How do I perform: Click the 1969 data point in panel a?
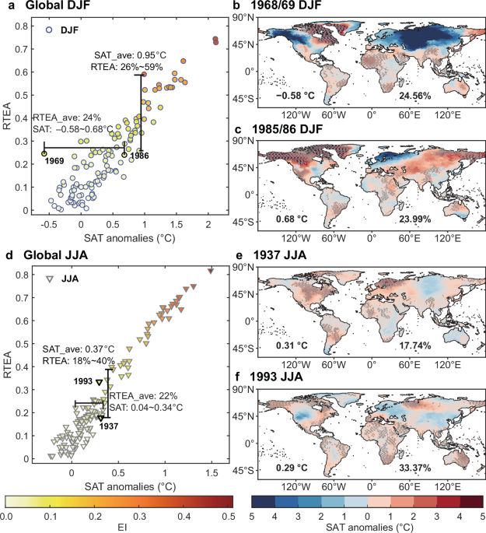[x=44, y=153]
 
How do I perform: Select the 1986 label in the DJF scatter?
[x=139, y=156]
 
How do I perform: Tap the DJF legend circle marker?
[x=49, y=30]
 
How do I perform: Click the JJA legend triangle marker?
[x=50, y=279]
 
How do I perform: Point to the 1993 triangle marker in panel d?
[x=99, y=382]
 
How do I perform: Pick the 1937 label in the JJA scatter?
[x=109, y=426]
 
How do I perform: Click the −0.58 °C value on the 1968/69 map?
[x=295, y=96]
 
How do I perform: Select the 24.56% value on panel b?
[x=414, y=96]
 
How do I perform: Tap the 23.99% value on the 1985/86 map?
[x=414, y=219]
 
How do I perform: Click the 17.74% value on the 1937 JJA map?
[x=414, y=345]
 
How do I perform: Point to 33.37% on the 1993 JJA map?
[x=414, y=468]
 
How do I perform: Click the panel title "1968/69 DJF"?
[x=286, y=5]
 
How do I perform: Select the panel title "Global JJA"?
[x=55, y=255]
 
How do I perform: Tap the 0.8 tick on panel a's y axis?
[x=22, y=26]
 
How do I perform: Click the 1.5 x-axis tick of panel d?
[x=212, y=473]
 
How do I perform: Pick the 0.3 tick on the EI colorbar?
[x=139, y=517]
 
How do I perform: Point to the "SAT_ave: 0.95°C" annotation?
[x=130, y=55]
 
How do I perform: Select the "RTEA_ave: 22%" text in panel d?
[x=143, y=396]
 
